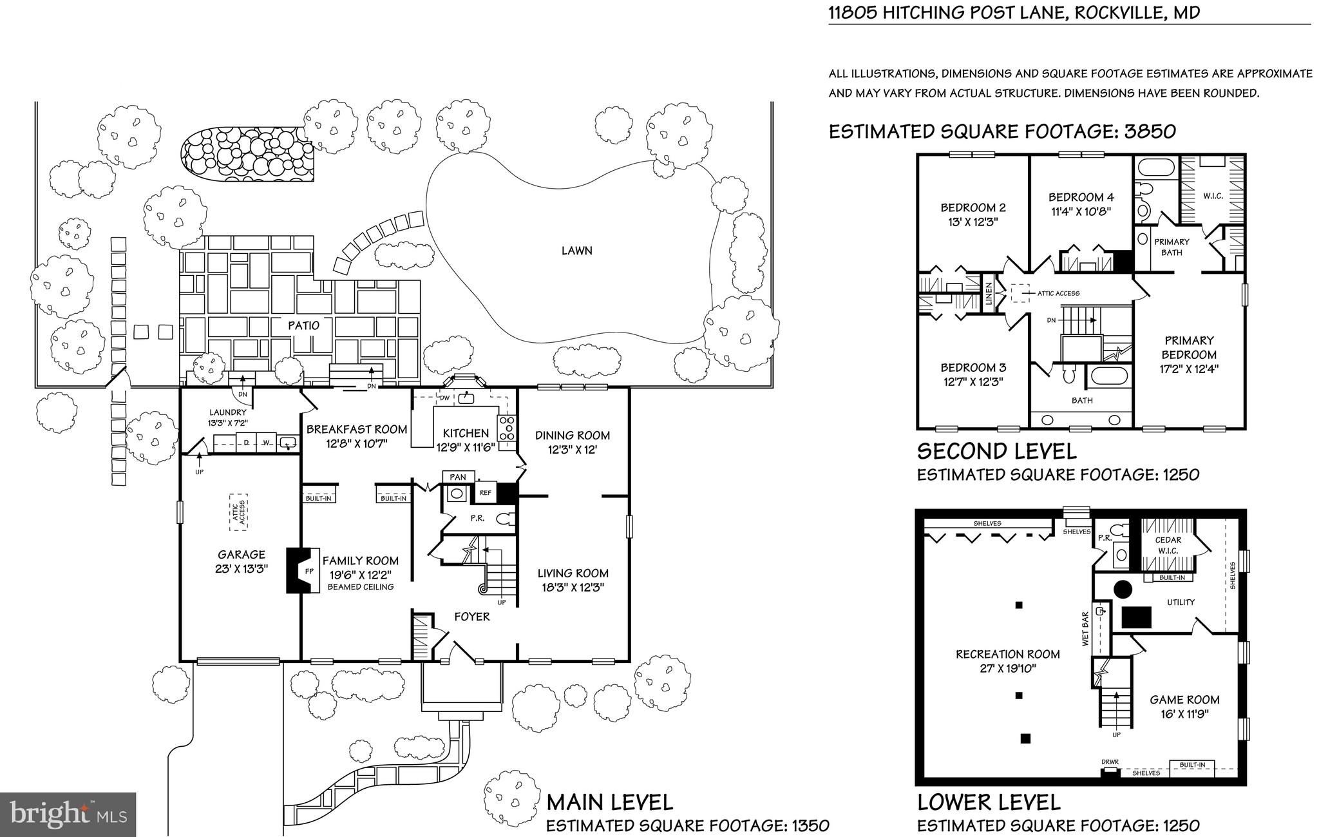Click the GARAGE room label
[242, 554]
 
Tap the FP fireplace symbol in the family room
[308, 571]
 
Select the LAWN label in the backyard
[576, 251]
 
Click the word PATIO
[303, 325]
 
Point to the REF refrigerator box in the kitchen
[485, 493]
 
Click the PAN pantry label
[458, 477]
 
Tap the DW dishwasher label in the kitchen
[444, 398]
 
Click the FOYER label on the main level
[472, 617]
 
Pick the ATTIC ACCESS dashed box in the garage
[239, 512]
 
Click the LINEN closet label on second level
[989, 294]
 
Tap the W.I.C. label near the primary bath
[1213, 196]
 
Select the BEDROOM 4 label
[1081, 197]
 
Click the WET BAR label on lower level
[1085, 629]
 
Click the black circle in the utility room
[1123, 588]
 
